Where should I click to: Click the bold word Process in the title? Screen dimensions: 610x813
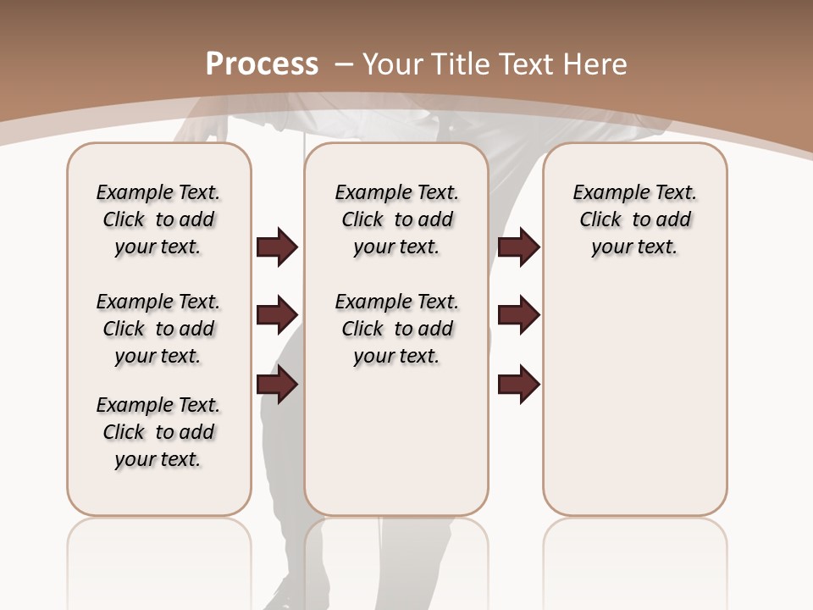tap(263, 64)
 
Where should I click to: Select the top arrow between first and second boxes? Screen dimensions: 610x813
tap(277, 247)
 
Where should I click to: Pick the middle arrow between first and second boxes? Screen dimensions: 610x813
tap(277, 315)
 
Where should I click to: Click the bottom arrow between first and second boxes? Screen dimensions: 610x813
tap(277, 385)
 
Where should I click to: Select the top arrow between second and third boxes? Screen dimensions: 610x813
tap(518, 247)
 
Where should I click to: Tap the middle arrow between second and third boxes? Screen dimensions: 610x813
tap(518, 315)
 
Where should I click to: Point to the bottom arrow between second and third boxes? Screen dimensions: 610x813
tap(518, 385)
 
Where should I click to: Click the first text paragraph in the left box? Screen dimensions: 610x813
tap(158, 219)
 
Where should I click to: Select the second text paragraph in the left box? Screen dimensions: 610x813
tap(158, 329)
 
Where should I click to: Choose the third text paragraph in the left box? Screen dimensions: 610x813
tap(158, 432)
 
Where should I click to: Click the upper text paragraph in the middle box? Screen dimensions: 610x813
tap(396, 219)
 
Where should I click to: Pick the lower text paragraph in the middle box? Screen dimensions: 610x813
tap(396, 329)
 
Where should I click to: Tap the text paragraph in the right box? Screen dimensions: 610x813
tap(635, 219)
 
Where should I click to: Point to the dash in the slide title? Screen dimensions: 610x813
tap(343, 64)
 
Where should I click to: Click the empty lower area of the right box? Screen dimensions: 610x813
tap(635, 407)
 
